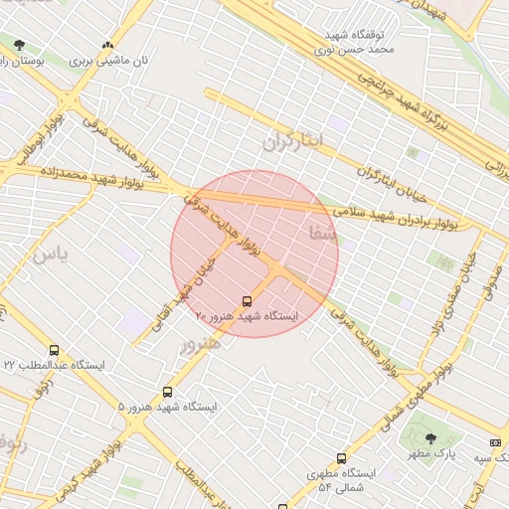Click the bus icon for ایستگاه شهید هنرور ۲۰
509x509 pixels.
pos(247,300)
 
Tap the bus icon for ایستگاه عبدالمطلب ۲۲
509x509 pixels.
pos(54,350)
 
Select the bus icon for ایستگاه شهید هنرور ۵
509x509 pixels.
pos(167,393)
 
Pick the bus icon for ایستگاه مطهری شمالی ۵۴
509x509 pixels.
pos(341,459)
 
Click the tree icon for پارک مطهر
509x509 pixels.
pos(429,438)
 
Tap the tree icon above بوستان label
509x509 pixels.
pos(20,45)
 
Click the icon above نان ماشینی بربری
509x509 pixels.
pos(107,45)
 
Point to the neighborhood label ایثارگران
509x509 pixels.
pos(294,140)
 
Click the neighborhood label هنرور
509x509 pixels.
pos(200,343)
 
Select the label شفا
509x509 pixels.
pos(324,234)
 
